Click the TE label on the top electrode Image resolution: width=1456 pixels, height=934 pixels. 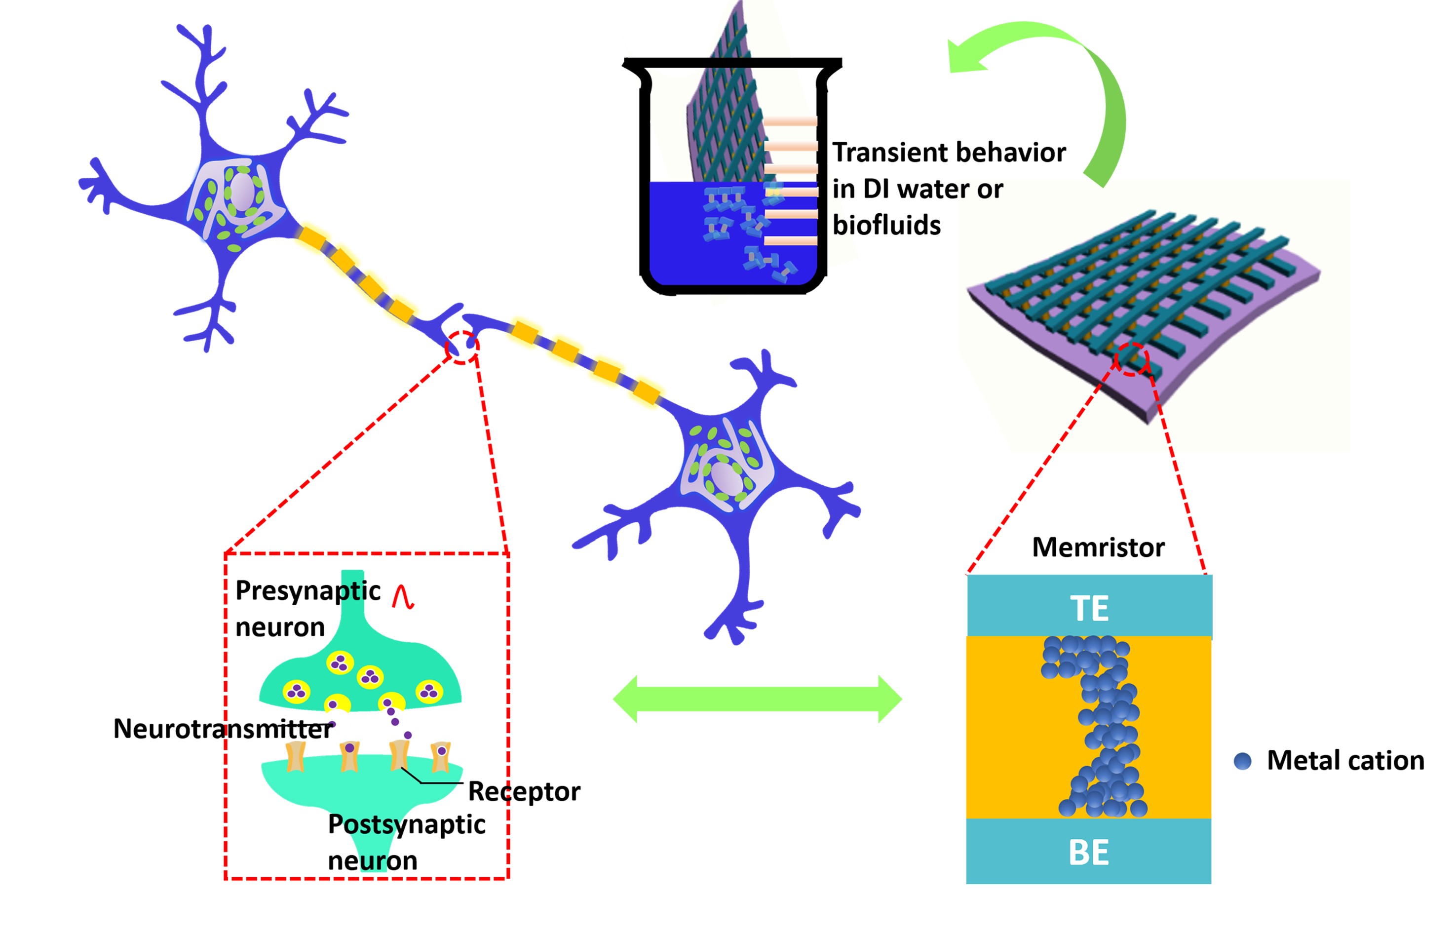(x=1089, y=608)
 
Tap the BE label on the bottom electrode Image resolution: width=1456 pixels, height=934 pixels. (x=1089, y=852)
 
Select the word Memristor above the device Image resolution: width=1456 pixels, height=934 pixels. (x=1098, y=547)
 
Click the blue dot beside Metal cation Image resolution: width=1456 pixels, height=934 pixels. (x=1243, y=761)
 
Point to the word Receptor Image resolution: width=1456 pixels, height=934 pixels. (x=524, y=791)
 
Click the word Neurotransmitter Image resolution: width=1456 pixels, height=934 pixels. (x=223, y=729)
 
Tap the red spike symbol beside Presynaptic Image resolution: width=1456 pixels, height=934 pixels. (x=403, y=597)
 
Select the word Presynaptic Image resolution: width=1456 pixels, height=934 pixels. (x=308, y=591)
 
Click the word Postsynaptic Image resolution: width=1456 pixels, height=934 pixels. (x=406, y=824)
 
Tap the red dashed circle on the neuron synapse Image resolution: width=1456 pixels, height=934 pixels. (x=462, y=348)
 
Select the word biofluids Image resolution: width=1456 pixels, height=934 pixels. (x=886, y=226)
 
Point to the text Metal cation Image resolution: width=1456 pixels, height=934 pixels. (x=1345, y=761)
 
